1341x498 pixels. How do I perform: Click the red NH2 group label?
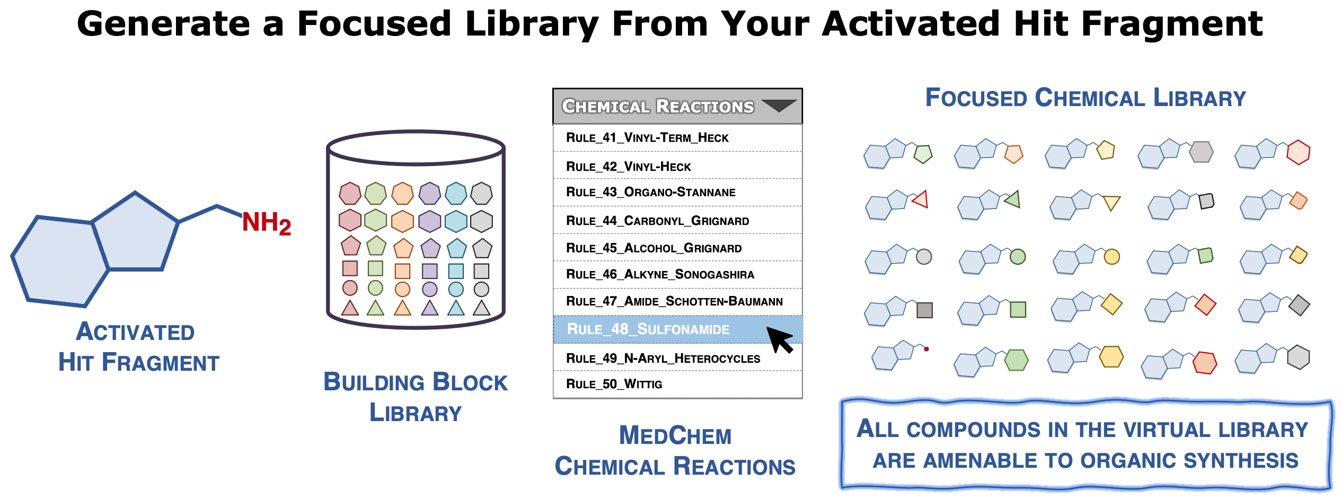coord(266,223)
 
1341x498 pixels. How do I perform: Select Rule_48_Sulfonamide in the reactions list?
coord(648,329)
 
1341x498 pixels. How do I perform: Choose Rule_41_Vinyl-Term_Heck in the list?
coord(647,138)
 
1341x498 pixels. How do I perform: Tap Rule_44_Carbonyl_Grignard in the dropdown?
coord(657,221)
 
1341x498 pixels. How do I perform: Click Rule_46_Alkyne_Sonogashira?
coord(660,274)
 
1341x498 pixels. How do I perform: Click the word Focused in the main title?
coord(374,24)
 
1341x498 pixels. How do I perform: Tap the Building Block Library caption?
coord(416,397)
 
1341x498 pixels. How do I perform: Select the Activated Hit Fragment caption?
coord(138,347)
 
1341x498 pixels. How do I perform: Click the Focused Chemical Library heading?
coord(1085,98)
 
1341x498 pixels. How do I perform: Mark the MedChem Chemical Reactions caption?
coord(675,451)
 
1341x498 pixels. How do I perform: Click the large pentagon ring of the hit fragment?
coord(135,233)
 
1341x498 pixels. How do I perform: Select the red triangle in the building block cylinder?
coord(350,308)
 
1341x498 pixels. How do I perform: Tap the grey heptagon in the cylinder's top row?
coord(481,194)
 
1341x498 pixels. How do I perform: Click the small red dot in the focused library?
coord(926,349)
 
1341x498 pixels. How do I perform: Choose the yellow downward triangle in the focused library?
coord(1111,203)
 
